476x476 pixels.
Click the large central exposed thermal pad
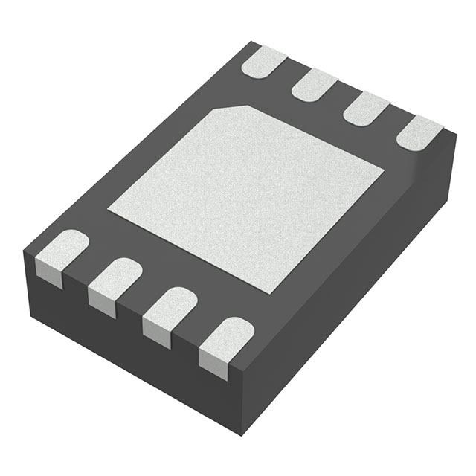tap(245, 197)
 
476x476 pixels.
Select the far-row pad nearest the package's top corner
tap(265, 61)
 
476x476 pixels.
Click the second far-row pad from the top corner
tap(315, 84)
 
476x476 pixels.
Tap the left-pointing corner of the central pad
tap(109, 209)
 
